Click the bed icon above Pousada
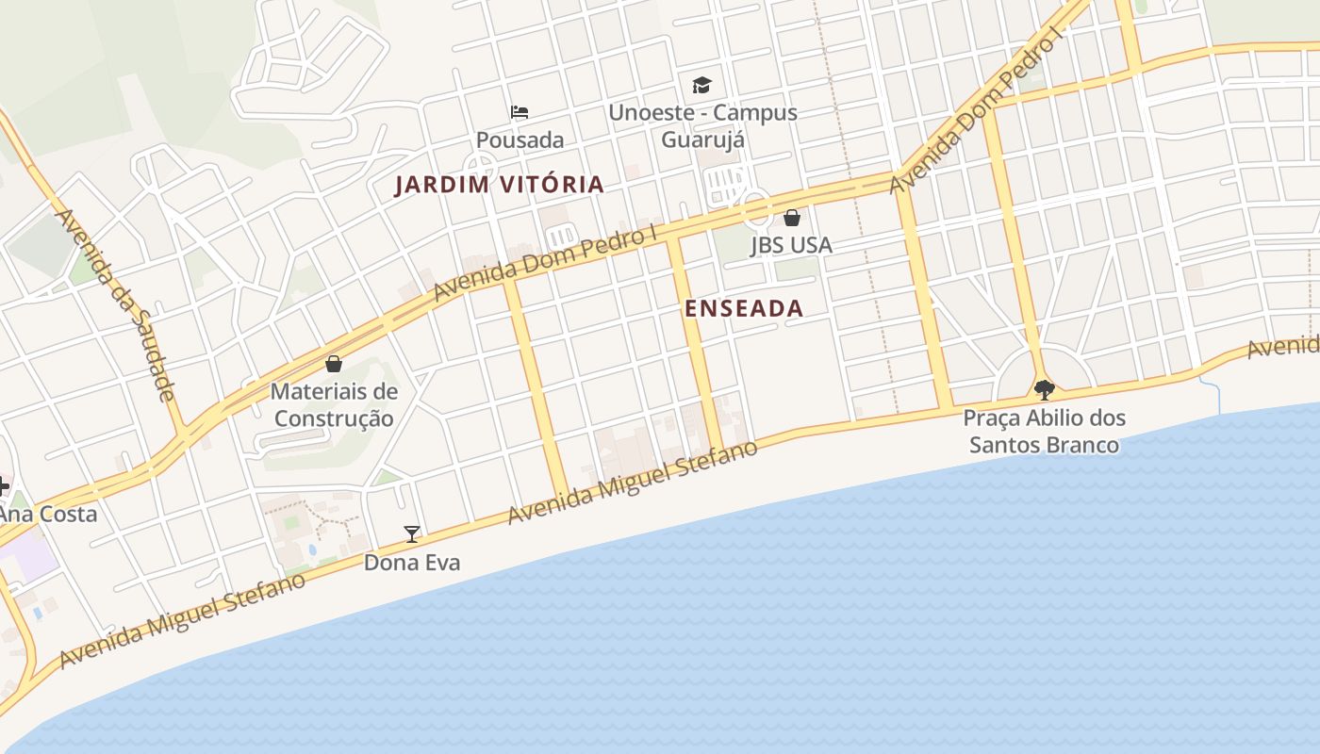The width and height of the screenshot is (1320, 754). pyautogui.click(x=519, y=112)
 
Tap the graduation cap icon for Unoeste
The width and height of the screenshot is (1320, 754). pyautogui.click(x=701, y=85)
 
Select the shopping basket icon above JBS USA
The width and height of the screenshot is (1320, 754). pyautogui.click(x=792, y=218)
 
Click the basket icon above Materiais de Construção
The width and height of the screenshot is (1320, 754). pyautogui.click(x=333, y=364)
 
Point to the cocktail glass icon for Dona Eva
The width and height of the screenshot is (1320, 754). pyautogui.click(x=412, y=534)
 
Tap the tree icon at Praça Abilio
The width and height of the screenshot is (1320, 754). pyautogui.click(x=1044, y=389)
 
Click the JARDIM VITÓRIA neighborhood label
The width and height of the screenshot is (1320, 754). pyautogui.click(x=499, y=185)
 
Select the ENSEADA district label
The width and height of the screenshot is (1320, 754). pyautogui.click(x=744, y=308)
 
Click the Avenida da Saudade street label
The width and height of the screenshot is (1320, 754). pyautogui.click(x=117, y=303)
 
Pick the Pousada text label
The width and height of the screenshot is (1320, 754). pyautogui.click(x=520, y=140)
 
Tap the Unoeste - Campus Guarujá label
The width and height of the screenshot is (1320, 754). pyautogui.click(x=702, y=125)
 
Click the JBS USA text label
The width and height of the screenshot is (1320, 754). pyautogui.click(x=791, y=245)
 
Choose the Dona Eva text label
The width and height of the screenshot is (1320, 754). pyautogui.click(x=412, y=563)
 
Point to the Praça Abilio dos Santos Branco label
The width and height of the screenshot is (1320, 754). pyautogui.click(x=1044, y=431)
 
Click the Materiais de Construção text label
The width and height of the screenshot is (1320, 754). pyautogui.click(x=334, y=404)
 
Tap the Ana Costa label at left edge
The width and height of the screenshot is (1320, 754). pyautogui.click(x=47, y=515)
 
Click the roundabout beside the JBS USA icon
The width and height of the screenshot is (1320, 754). pyautogui.click(x=757, y=209)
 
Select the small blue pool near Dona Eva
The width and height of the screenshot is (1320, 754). pyautogui.click(x=312, y=549)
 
